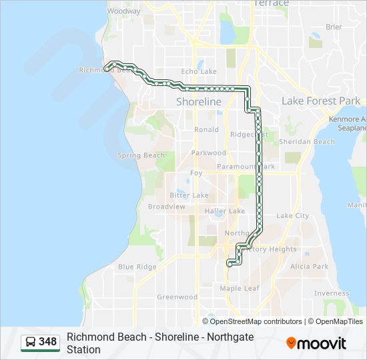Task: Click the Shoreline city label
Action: pyautogui.click(x=198, y=102)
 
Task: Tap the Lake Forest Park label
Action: pyautogui.click(x=321, y=101)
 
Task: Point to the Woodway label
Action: pyautogui.click(x=123, y=11)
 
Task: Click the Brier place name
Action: pyautogui.click(x=334, y=27)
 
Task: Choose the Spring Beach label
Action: pyautogui.click(x=141, y=155)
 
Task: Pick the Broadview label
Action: pyautogui.click(x=166, y=207)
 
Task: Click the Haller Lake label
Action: pyautogui.click(x=225, y=211)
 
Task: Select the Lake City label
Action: pyautogui.click(x=292, y=215)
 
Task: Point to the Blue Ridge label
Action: pyautogui.click(x=137, y=267)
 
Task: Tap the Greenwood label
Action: pyautogui.click(x=177, y=297)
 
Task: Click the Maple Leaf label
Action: pyautogui.click(x=240, y=288)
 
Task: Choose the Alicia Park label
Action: pyautogui.click(x=309, y=266)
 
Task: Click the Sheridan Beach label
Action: pyautogui.click(x=307, y=141)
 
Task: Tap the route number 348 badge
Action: pyautogui.click(x=47, y=342)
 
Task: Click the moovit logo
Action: pyautogui.click(x=316, y=343)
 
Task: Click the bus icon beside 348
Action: pyautogui.click(x=31, y=342)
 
